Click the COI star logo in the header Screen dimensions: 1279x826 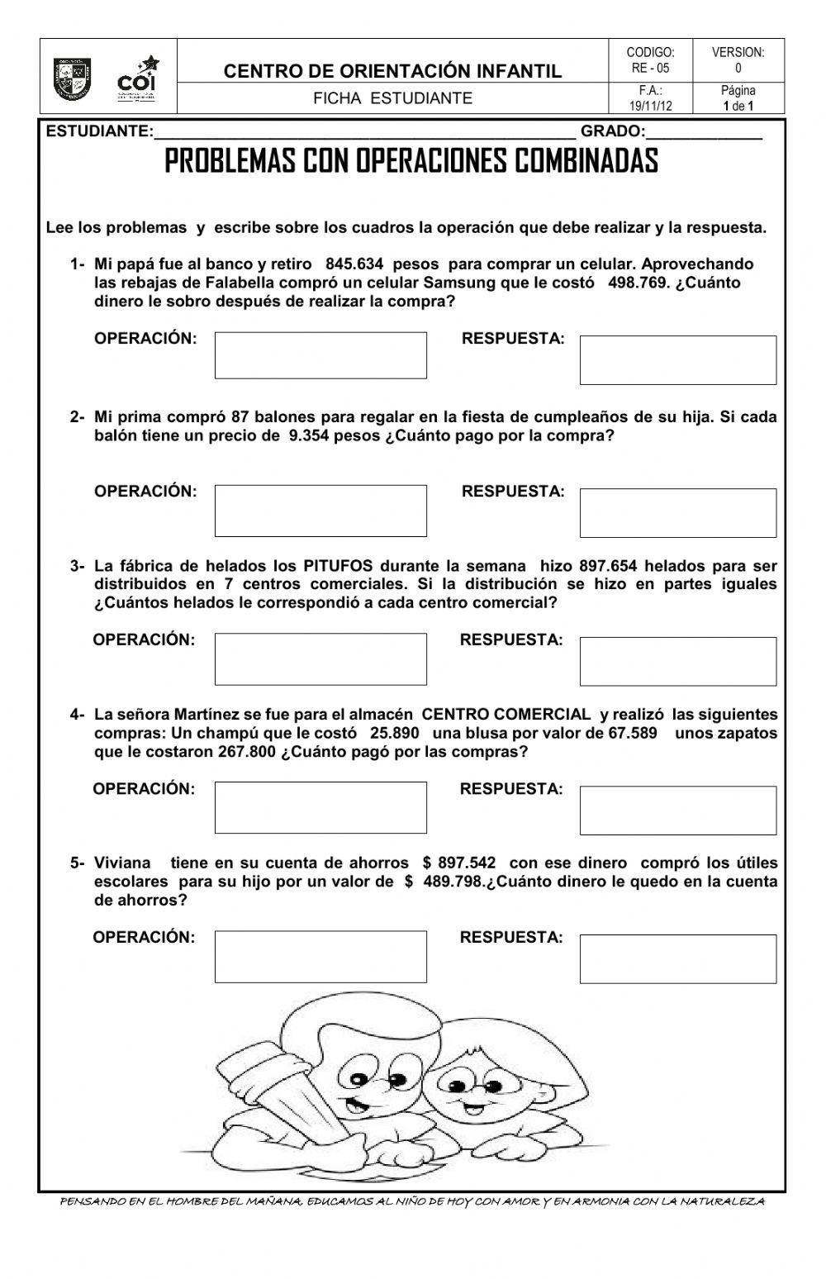coord(138,78)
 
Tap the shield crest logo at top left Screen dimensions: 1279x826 coord(73,78)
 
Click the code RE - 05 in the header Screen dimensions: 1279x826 coord(650,69)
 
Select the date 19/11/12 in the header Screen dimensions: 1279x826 coord(650,106)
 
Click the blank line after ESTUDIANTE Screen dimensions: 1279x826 coord(363,132)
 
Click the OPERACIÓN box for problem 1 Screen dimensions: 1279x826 coord(320,355)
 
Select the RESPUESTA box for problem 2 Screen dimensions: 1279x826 coord(677,512)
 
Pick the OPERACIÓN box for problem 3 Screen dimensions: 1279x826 coord(320,659)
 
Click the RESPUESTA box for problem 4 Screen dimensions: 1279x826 coord(677,810)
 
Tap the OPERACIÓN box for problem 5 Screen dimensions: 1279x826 coord(320,957)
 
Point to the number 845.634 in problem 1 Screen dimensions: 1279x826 coord(354,264)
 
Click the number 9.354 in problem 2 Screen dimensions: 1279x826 coord(309,436)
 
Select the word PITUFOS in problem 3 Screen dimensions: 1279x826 coord(338,566)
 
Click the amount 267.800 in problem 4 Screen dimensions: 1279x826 coord(248,752)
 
